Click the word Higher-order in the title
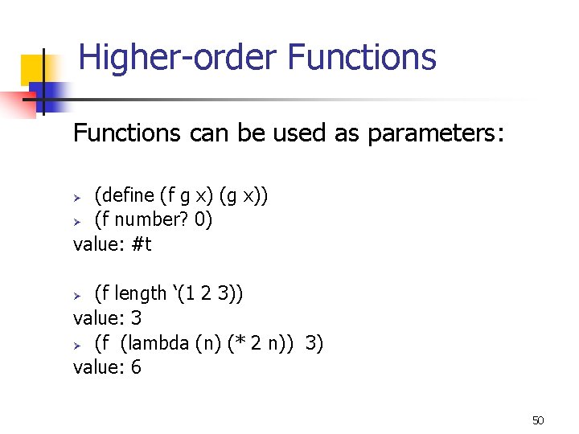click(178, 59)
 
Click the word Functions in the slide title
click(361, 58)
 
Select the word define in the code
click(128, 194)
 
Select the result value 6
click(135, 368)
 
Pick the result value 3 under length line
click(135, 318)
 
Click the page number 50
click(538, 420)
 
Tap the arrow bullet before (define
click(79, 196)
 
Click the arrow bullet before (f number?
click(79, 221)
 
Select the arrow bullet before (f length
click(79, 295)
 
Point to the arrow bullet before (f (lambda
click(79, 345)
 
